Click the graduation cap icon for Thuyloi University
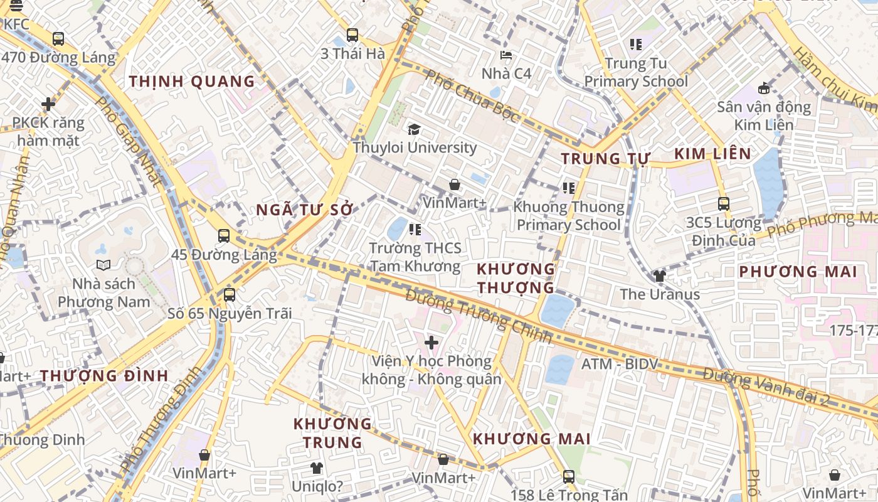[414, 130]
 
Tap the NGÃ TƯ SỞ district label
[305, 210]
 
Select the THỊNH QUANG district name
[192, 82]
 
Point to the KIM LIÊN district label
[712, 154]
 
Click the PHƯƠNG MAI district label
[798, 272]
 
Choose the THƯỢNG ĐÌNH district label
[105, 376]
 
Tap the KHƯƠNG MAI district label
[531, 439]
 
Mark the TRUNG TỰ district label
[605, 159]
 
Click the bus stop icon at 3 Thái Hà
[352, 35]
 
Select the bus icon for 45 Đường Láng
[224, 236]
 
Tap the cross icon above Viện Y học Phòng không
[431, 343]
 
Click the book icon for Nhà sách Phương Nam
[103, 265]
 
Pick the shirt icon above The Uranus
[659, 275]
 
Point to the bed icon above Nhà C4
[506, 55]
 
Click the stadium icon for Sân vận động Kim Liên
[764, 88]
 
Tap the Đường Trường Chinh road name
[478, 316]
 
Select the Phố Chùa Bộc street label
[472, 96]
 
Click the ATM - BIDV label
[620, 364]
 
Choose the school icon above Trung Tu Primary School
[636, 45]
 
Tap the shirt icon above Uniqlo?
[317, 468]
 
